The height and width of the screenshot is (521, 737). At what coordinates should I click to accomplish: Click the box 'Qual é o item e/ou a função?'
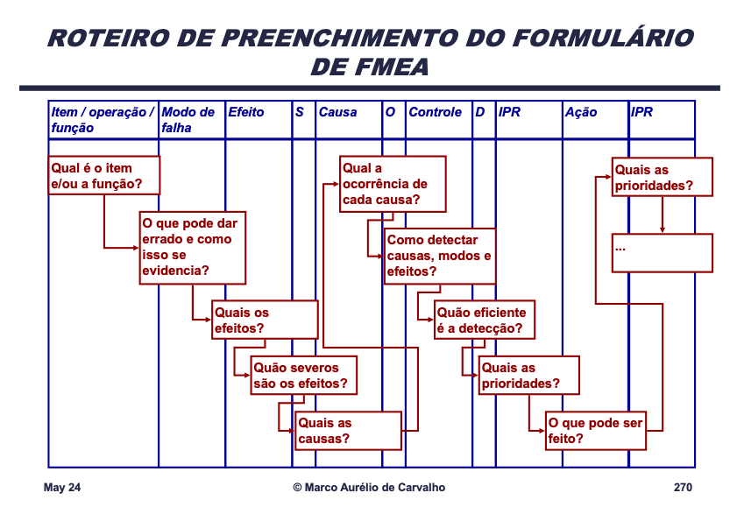[x=103, y=175]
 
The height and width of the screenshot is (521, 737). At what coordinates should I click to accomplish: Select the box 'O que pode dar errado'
[x=193, y=247]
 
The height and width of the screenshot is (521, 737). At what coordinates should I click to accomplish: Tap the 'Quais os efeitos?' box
[x=265, y=320]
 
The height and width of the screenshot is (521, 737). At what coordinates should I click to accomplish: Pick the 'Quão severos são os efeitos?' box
[x=304, y=375]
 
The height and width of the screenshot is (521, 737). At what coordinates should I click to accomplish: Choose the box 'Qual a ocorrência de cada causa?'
[x=393, y=184]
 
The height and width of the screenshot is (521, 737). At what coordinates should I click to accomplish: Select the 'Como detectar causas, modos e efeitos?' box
[x=440, y=255]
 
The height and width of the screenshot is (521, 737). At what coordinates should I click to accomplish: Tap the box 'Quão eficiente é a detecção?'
[x=484, y=320]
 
